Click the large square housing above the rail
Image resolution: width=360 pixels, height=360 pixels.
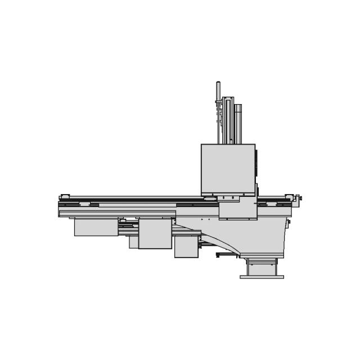[x=228, y=169]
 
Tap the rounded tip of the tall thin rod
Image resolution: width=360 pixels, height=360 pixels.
[x=218, y=84]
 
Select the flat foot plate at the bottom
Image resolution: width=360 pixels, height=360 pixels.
[x=262, y=277]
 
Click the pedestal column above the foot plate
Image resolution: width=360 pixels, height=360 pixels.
[x=262, y=267]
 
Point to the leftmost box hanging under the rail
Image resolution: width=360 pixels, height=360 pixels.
[x=96, y=227]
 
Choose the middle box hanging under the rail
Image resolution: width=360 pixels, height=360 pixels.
[x=155, y=234]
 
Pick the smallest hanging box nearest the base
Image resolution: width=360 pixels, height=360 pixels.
[x=186, y=246]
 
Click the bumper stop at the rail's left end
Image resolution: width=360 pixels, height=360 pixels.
[x=65, y=197]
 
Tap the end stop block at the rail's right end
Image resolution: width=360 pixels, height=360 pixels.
[x=290, y=197]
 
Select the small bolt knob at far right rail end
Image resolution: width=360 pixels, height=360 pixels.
[x=299, y=198]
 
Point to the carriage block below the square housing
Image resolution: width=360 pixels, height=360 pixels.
[x=238, y=209]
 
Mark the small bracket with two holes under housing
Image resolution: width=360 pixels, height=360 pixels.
[x=228, y=198]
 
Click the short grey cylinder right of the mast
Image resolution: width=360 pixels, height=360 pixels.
[x=238, y=124]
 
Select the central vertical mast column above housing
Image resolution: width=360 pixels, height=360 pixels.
[x=228, y=121]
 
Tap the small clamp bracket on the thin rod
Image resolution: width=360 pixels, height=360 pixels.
[x=218, y=102]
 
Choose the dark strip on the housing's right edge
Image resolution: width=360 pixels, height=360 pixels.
[x=256, y=166]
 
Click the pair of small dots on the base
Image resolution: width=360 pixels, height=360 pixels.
[x=205, y=219]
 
